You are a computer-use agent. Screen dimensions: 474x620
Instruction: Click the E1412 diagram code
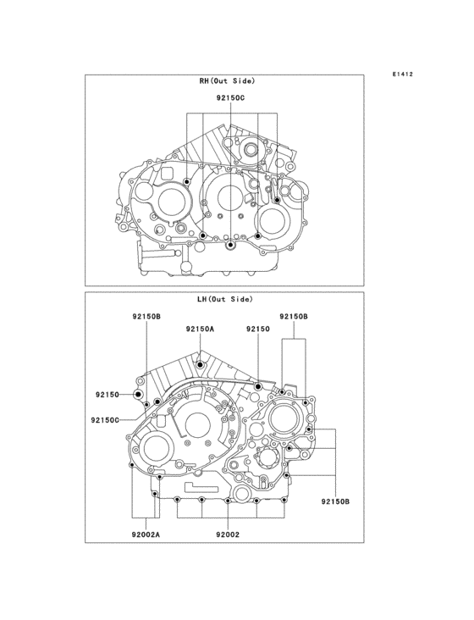[x=403, y=74]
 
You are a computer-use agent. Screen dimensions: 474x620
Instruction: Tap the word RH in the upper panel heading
[x=204, y=81]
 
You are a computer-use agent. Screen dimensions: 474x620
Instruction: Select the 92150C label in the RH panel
[x=230, y=98]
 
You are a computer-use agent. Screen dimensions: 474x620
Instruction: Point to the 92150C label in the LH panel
[x=105, y=420]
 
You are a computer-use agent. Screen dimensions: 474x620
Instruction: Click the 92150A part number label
[x=200, y=329]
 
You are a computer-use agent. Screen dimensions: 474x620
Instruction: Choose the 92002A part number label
[x=146, y=535]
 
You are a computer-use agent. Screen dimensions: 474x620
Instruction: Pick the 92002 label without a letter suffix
[x=228, y=535]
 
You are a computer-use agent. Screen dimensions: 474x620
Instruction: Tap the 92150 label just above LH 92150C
[x=107, y=395]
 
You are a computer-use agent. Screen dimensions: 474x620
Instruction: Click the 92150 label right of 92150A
[x=258, y=329]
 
